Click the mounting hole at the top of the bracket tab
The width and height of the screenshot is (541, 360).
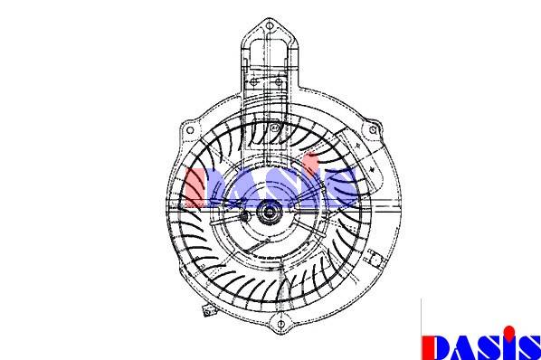(x=270, y=26)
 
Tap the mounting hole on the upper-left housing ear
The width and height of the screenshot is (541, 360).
(x=190, y=130)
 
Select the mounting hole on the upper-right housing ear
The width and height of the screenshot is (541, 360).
(x=373, y=130)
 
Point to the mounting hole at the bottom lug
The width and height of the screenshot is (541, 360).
(x=280, y=324)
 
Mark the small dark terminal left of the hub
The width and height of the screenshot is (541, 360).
(x=244, y=216)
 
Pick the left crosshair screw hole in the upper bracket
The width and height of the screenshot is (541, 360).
(x=254, y=82)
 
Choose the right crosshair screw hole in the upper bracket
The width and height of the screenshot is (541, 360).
(x=279, y=82)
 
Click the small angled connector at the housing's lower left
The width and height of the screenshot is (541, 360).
(x=208, y=311)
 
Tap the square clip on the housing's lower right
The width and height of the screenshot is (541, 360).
(x=374, y=257)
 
